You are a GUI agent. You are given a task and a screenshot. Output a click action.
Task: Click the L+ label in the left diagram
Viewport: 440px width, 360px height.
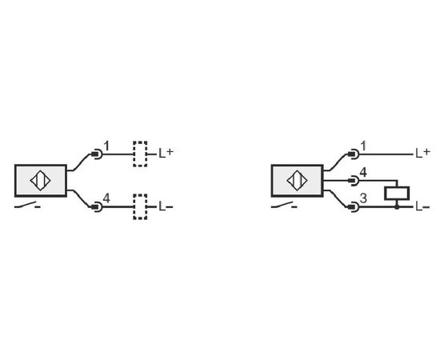[166, 153]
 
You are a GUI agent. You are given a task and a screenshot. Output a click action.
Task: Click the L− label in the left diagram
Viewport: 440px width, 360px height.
[166, 206]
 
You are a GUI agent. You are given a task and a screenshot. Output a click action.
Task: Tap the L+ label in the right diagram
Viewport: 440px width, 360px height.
[422, 153]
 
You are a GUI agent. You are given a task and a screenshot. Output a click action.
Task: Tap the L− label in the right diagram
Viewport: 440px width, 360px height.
[422, 206]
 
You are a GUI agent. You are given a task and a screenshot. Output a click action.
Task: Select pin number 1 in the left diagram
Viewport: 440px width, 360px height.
[106, 146]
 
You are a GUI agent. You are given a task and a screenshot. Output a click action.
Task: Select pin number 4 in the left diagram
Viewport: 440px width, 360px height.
[106, 198]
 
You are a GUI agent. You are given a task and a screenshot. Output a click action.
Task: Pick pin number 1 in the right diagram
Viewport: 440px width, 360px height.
[363, 146]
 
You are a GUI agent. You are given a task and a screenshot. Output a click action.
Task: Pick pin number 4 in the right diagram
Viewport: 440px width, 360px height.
[363, 172]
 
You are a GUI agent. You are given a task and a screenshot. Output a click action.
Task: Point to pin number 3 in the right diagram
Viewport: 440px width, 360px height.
[363, 198]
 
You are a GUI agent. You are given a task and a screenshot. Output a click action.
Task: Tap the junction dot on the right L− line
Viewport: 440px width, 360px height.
[397, 207]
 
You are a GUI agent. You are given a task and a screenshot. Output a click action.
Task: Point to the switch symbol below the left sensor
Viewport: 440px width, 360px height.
[27, 206]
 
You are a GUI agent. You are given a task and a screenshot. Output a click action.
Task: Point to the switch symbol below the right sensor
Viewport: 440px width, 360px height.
[284, 206]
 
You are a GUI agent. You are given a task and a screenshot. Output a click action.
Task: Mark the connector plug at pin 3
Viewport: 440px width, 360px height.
[354, 207]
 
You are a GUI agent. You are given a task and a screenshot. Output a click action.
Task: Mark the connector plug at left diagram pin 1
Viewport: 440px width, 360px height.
[97, 154]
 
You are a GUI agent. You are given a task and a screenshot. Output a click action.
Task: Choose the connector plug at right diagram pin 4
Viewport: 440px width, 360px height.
[354, 181]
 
